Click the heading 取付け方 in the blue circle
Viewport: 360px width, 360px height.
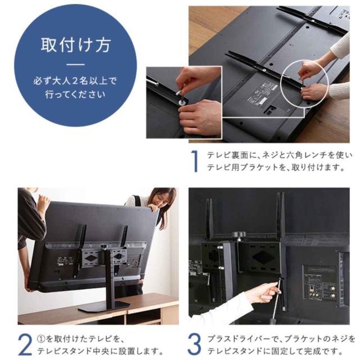point(76,45)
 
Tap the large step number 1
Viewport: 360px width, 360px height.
point(195,161)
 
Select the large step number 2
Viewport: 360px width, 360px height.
point(25,344)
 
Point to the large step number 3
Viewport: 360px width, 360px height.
point(195,344)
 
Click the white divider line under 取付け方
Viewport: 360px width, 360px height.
point(75,65)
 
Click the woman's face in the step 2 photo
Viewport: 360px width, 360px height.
point(160,199)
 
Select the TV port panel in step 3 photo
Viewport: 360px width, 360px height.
point(321,282)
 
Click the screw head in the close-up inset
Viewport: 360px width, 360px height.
point(181,102)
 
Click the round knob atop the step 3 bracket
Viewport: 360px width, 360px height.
point(238,234)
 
